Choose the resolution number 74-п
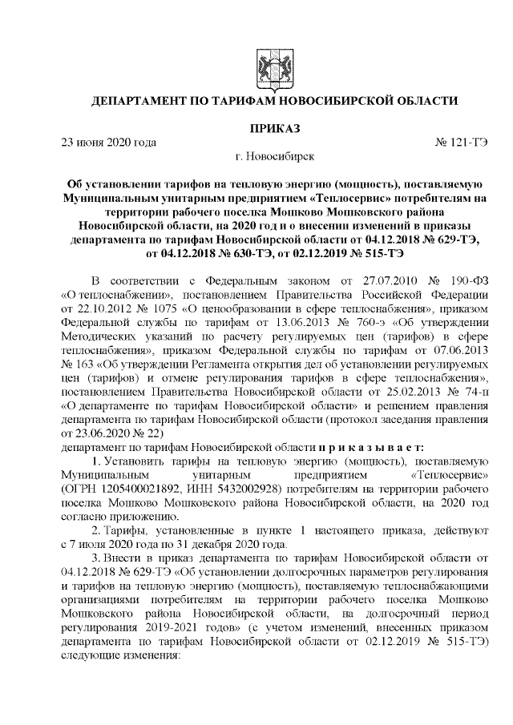point(467,392)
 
